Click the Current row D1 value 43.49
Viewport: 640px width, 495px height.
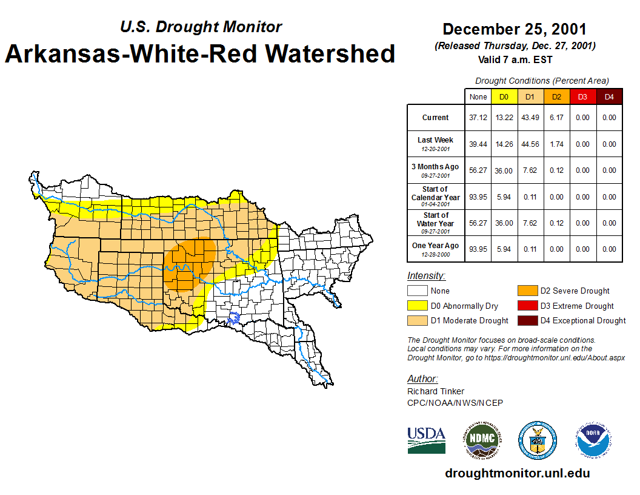click(x=529, y=118)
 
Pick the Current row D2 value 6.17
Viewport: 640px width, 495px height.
click(x=556, y=118)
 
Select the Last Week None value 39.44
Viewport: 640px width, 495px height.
click(x=478, y=144)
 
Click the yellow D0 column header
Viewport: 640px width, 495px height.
click(x=504, y=97)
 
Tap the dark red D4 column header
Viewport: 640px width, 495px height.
click(x=610, y=97)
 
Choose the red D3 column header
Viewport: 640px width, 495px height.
click(x=582, y=97)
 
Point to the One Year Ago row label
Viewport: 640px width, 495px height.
click(x=435, y=246)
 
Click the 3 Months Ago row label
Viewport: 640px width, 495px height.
click(x=435, y=167)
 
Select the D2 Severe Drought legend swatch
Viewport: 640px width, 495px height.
click(x=527, y=291)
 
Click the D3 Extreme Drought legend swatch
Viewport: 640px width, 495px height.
click(x=527, y=306)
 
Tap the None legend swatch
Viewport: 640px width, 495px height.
click(x=417, y=291)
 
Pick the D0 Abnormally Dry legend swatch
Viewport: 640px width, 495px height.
click(x=417, y=306)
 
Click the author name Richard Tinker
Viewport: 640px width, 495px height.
click(x=436, y=391)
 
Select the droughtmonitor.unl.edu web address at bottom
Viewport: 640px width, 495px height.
click(x=517, y=473)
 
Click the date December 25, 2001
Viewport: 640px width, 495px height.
click(x=515, y=29)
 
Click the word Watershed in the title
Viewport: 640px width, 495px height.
click(x=330, y=53)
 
